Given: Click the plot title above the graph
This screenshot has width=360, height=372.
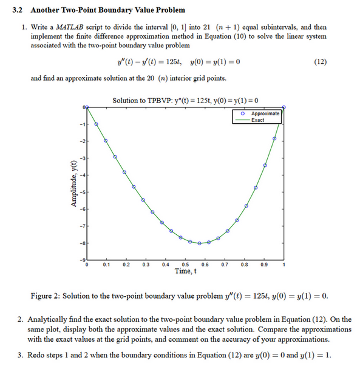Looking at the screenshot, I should coord(186,100).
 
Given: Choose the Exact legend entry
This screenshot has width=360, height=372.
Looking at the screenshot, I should coord(258,120).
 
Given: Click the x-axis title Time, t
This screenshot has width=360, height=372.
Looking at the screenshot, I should coord(185,271).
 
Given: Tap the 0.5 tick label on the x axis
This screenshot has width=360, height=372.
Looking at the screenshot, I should coord(185,265).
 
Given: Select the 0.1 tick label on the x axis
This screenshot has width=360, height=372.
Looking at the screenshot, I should coord(106,265).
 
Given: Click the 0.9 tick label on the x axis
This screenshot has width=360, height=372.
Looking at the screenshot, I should coord(263,265).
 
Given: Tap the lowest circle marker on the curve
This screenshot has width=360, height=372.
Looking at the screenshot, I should coord(199,243).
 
